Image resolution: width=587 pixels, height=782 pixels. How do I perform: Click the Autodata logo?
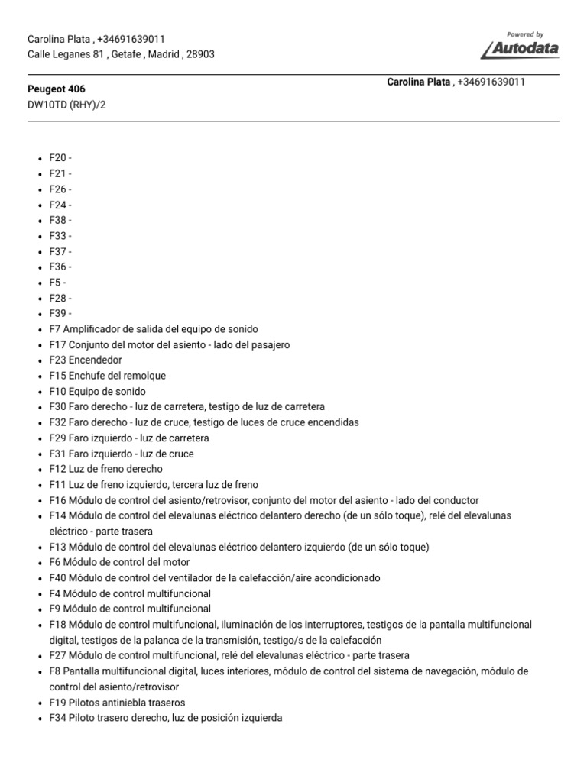[520, 47]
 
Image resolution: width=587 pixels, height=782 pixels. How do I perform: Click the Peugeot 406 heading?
[57, 89]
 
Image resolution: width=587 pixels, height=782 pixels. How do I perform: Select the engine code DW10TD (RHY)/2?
[66, 105]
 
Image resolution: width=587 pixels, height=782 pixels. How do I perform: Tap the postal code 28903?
[200, 54]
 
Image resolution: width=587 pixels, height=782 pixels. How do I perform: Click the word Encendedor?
[96, 360]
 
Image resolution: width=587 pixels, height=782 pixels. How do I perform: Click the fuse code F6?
[55, 563]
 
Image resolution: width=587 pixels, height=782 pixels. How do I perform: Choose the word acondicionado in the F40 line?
[342, 578]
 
